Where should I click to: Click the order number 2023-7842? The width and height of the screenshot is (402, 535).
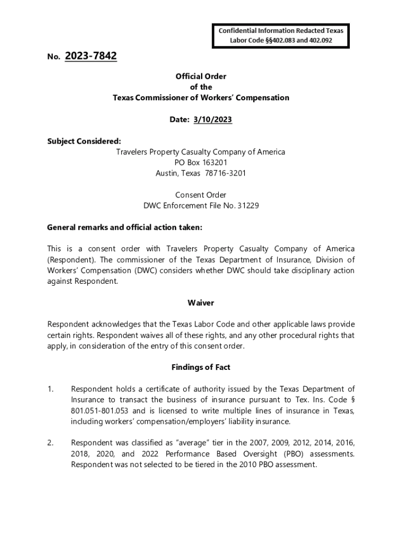coord(91,55)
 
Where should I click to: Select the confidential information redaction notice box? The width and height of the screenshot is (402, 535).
coord(281,35)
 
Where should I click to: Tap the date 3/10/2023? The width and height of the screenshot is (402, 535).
coord(212,120)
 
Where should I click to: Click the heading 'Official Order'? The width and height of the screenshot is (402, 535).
coord(201,76)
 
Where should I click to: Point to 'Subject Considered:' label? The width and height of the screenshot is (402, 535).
coord(84,141)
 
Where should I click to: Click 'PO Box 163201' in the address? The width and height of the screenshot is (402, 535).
coord(201,162)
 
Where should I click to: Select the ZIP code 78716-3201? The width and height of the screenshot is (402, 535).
coord(224,173)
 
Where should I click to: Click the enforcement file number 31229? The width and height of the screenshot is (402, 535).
coord(249,205)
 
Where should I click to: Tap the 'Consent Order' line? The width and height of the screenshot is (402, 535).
coord(201,195)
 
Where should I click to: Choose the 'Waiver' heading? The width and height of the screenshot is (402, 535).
coord(201,303)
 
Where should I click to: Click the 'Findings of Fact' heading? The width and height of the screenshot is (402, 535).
coord(201,367)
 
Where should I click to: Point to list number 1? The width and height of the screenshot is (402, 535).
coord(50,389)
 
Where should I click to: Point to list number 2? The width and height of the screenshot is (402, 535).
coord(50,443)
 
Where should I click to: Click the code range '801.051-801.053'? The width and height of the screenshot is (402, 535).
coord(99,411)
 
